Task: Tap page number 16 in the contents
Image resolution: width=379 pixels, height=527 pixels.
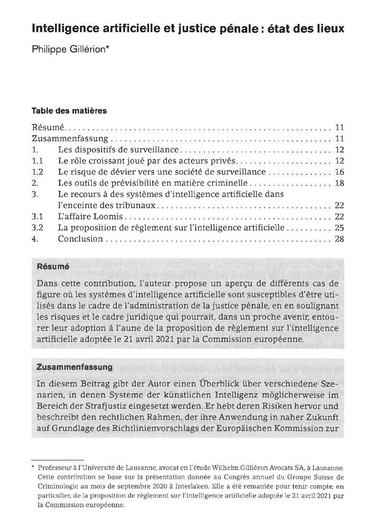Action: (338, 172)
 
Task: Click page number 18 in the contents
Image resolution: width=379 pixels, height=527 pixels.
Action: (338, 183)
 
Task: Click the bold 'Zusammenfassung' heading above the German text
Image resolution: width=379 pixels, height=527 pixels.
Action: (74, 367)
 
